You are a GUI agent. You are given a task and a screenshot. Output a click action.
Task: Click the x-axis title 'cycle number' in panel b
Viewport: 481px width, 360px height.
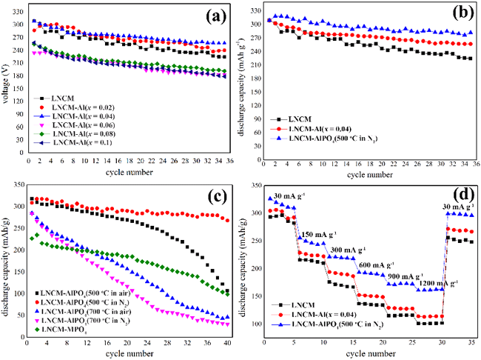click(x=367, y=176)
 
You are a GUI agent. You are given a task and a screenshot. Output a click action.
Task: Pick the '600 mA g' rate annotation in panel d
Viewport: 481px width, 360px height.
click(x=382, y=264)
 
